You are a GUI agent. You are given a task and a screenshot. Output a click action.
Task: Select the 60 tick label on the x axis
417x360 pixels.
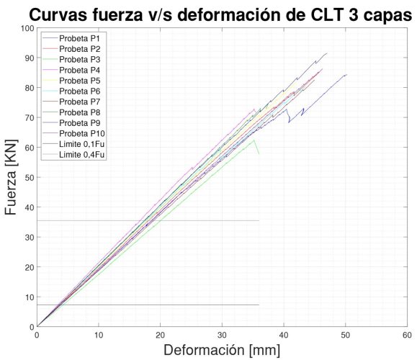[x=406, y=336]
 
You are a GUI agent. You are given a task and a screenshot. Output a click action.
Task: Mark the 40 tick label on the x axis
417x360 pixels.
[x=283, y=336]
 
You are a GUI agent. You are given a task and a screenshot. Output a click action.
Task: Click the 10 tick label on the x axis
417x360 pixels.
[x=99, y=336]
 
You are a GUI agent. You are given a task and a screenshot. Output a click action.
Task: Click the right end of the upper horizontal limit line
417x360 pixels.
[x=259, y=220]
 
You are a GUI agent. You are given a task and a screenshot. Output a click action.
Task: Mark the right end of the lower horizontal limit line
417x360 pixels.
[x=259, y=305]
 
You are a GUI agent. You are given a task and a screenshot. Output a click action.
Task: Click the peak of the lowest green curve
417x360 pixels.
[x=255, y=140]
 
